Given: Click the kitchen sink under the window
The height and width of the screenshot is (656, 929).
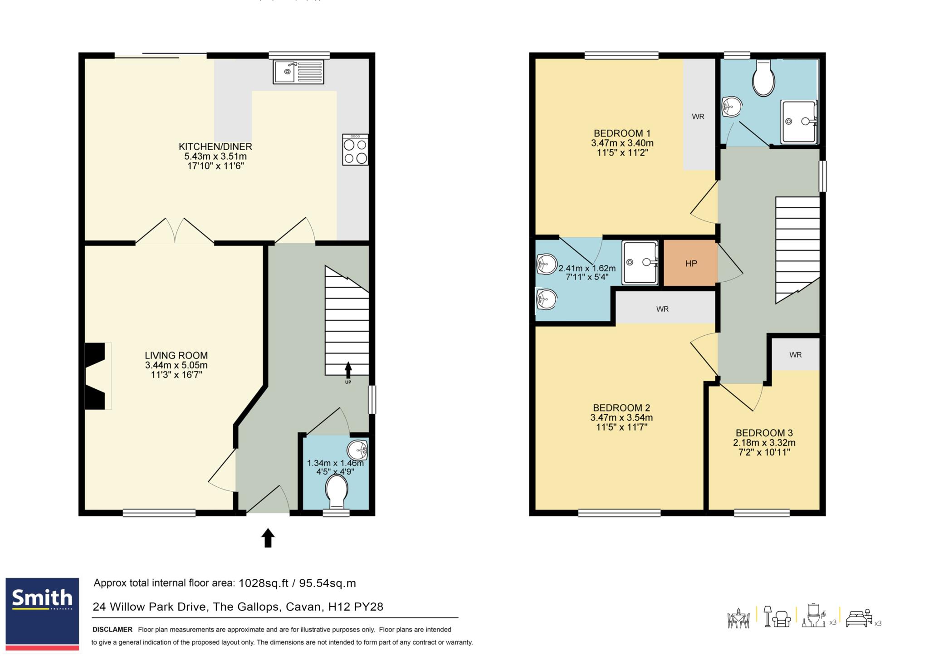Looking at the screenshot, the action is click(x=298, y=72).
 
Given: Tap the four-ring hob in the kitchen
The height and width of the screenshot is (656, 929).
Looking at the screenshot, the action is click(x=355, y=150).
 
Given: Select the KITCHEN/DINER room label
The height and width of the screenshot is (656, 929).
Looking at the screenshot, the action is click(x=215, y=147).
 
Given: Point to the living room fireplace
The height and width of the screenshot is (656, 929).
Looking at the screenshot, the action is click(x=96, y=376).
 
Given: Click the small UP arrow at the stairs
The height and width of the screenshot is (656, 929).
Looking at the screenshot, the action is click(x=348, y=370).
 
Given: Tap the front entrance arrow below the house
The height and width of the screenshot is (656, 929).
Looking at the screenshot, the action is click(x=268, y=538).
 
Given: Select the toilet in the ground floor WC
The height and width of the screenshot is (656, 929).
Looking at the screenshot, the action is click(x=337, y=492).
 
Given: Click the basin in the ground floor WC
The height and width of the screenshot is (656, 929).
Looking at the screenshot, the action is click(x=357, y=450).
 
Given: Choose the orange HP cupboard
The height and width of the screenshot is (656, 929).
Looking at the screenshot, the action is click(x=691, y=263).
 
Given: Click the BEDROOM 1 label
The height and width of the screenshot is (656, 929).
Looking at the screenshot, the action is click(x=622, y=133).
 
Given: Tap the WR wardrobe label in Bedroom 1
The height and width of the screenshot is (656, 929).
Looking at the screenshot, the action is click(x=698, y=117).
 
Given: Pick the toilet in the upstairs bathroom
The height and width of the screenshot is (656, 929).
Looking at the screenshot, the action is click(x=764, y=78).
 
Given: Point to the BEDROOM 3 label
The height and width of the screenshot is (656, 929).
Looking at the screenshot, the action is click(x=764, y=433).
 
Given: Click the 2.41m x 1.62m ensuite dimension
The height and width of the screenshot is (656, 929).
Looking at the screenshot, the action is click(x=587, y=268).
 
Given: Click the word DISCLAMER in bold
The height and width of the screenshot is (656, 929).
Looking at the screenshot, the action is click(x=112, y=630).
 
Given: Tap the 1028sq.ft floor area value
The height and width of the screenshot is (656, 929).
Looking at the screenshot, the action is click(x=264, y=583).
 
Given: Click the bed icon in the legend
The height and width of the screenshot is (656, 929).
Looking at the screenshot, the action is click(x=859, y=618).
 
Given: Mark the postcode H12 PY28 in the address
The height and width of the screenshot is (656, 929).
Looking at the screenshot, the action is click(x=356, y=607).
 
